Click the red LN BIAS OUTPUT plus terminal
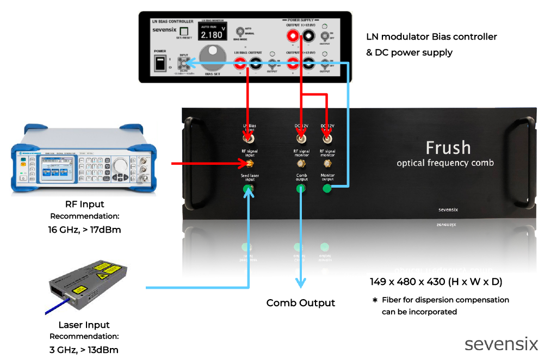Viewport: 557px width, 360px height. coord(240,63)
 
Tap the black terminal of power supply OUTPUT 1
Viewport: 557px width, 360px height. coord(308,37)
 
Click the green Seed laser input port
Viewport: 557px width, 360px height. coord(249,189)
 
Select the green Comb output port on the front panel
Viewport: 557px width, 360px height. coord(301,189)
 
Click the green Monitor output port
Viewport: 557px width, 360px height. coord(327,188)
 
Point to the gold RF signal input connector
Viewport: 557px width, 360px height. coord(249,163)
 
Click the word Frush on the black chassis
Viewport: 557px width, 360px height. coord(448,147)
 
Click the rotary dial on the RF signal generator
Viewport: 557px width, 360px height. coord(121,164)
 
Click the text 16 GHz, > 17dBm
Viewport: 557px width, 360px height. coord(84,229)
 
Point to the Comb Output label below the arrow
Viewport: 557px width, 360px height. coord(300,303)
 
